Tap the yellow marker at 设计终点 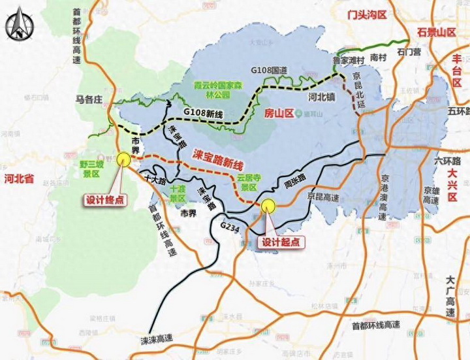point(123,158)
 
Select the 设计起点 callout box point(282,242)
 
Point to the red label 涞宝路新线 point(218,157)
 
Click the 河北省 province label point(18,178)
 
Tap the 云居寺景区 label point(248,181)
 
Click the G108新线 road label point(202,113)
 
